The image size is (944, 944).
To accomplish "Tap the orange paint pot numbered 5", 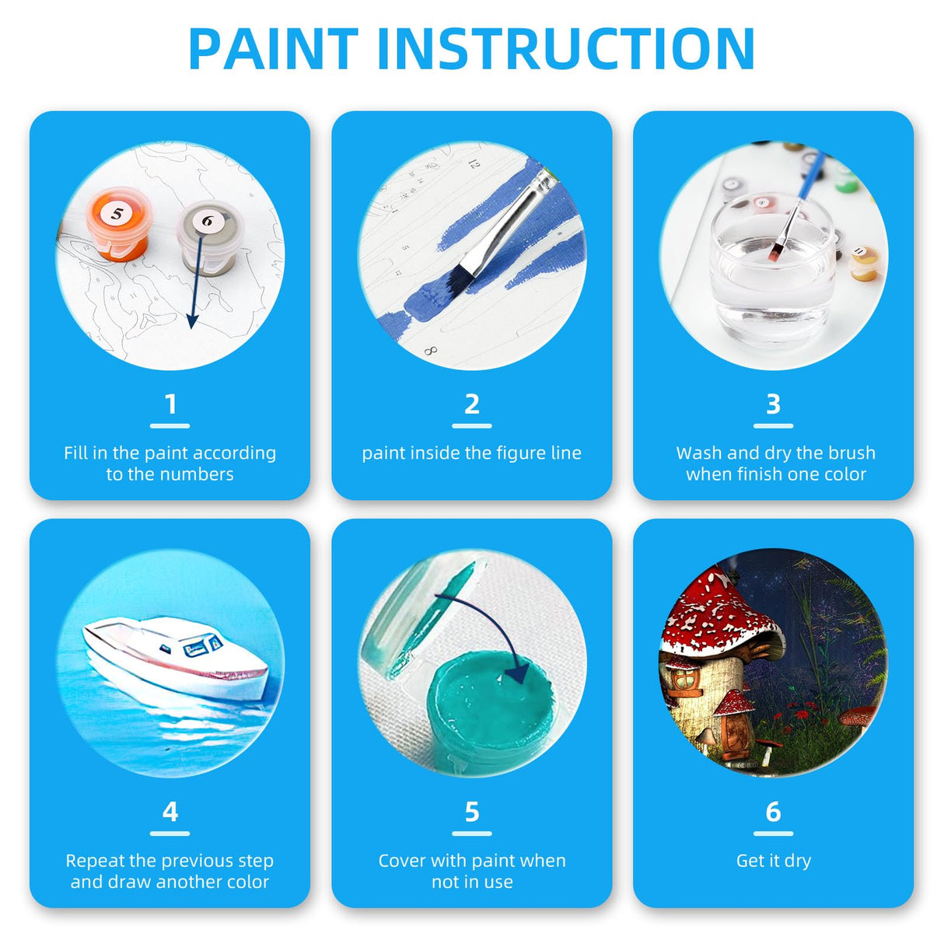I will tap(120, 226).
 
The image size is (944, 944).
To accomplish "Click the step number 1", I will tap(170, 404).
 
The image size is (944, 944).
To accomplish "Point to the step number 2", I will tap(471, 404).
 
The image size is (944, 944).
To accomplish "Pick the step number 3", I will tap(773, 404).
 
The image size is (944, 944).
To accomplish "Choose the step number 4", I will tap(170, 812).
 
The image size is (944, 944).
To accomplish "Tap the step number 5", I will tap(471, 812).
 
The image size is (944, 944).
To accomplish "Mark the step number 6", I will tap(773, 812).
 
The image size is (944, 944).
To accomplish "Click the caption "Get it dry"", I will tap(773, 861).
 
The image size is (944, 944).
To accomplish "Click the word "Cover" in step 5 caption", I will tap(403, 861).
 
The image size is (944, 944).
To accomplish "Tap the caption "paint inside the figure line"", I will tap(471, 453).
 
